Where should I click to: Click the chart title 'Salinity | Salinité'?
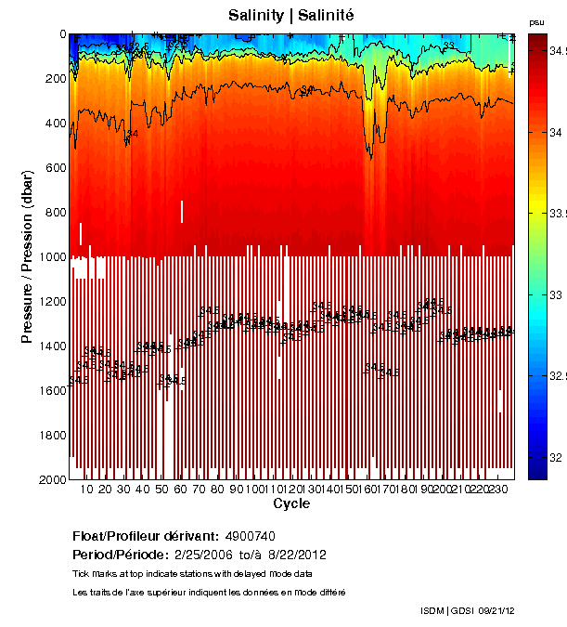coord(290,15)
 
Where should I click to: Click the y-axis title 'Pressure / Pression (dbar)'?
coord(27,255)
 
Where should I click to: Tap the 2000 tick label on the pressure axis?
coord(51,479)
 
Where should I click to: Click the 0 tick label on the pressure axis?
coord(62,34)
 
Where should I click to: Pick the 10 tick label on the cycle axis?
coord(87,490)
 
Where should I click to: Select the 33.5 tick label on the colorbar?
coord(557,214)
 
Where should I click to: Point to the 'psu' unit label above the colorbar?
coord(536,22)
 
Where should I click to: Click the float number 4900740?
coord(250,537)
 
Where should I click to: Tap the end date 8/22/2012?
coord(296,555)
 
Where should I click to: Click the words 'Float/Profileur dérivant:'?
coord(146,537)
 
